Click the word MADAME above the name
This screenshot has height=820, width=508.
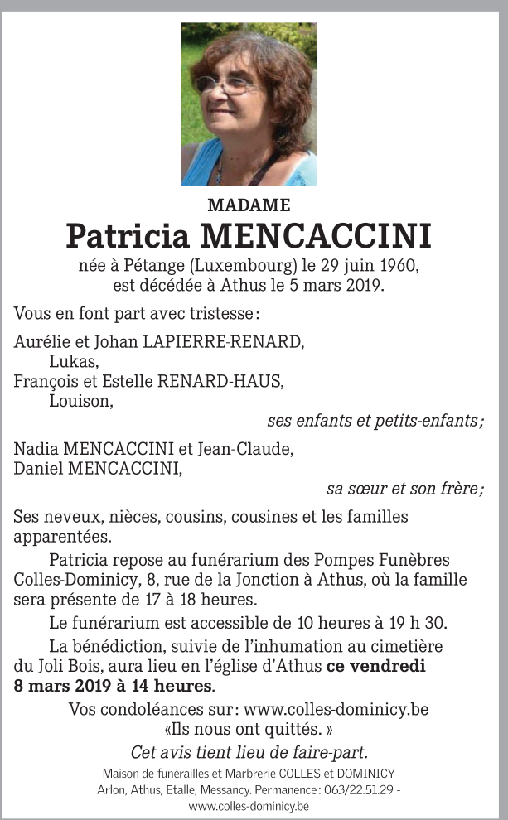[x=249, y=205]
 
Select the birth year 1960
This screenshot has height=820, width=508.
[x=400, y=267]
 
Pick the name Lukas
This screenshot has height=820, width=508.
[x=74, y=361]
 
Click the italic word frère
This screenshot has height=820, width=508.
[x=461, y=489]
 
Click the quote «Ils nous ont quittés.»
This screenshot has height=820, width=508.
[x=249, y=731]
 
